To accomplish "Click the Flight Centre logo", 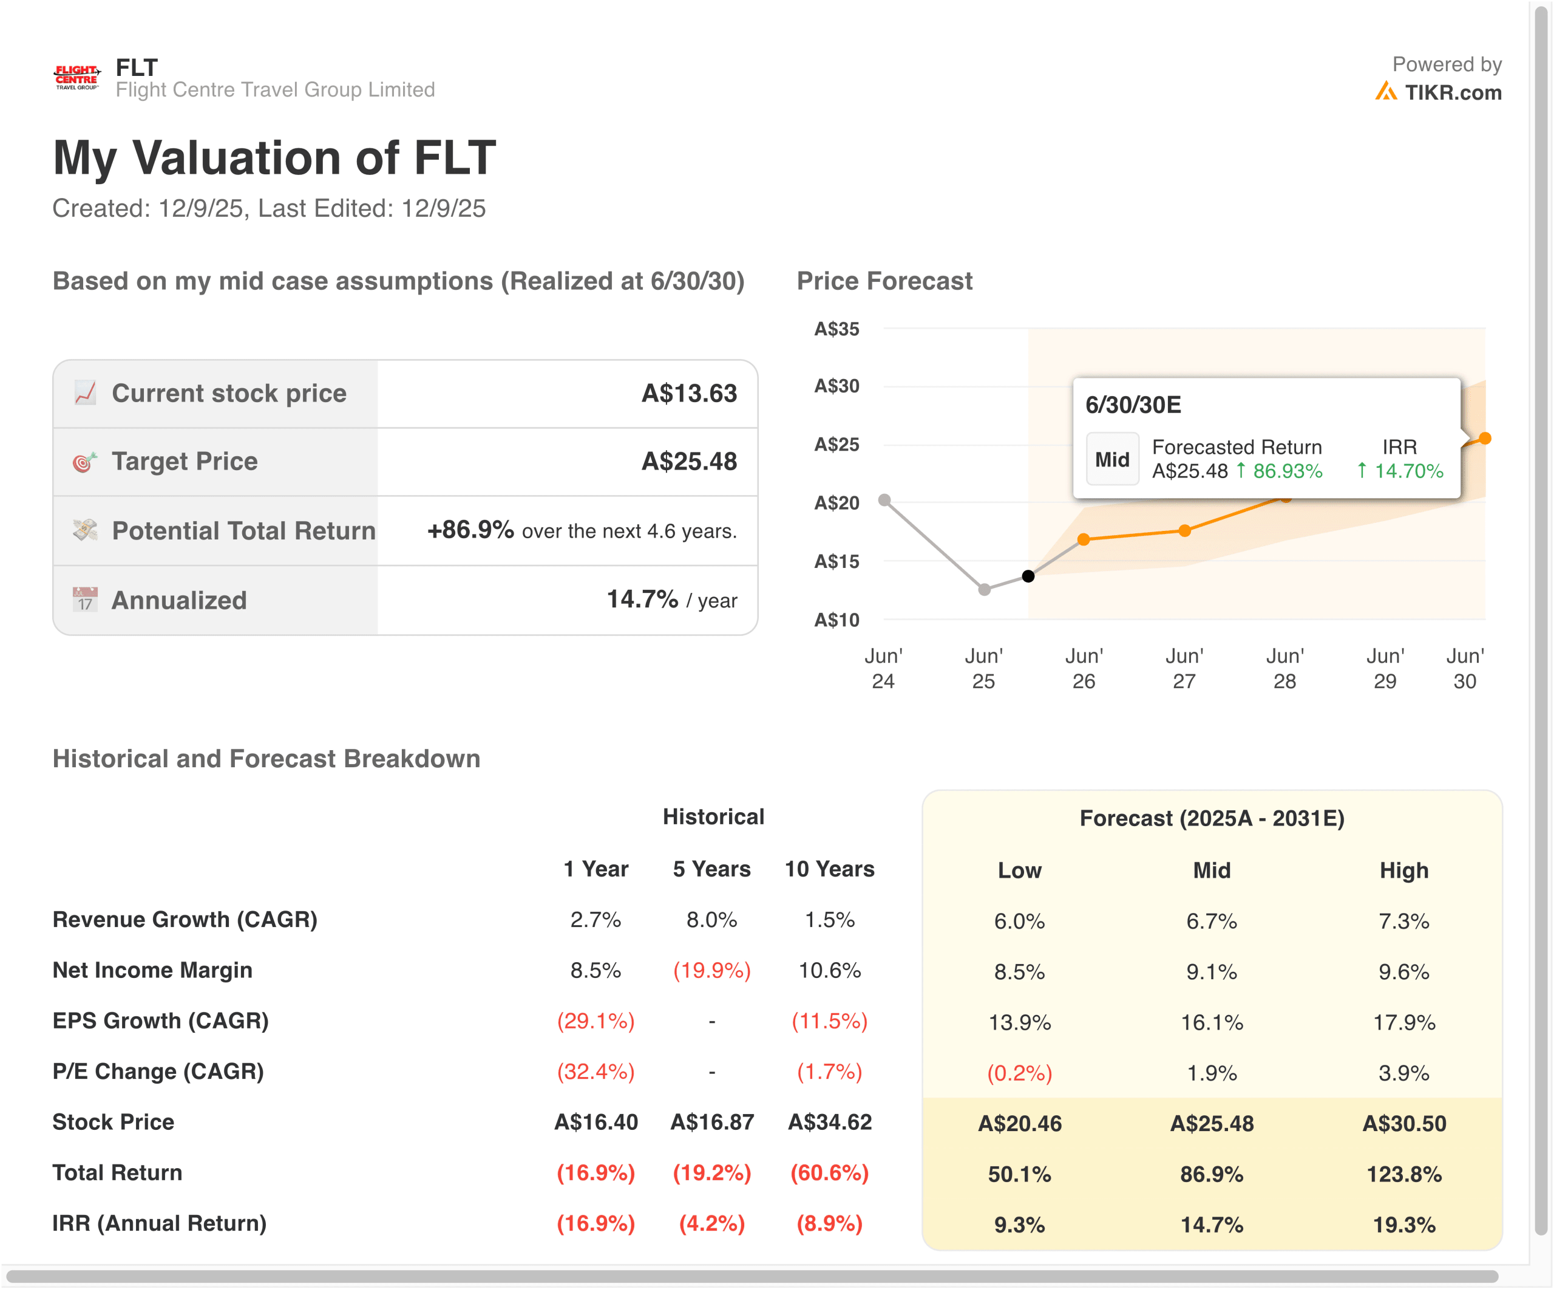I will click(x=76, y=77).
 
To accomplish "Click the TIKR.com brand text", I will click(x=1453, y=92).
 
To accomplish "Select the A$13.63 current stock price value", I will click(x=689, y=393).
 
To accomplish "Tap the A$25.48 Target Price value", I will click(x=689, y=461).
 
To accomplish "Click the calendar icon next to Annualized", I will click(x=85, y=600).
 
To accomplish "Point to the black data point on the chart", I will click(x=1028, y=576).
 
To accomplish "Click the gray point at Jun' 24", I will click(x=884, y=500).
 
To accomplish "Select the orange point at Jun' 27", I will click(x=1185, y=530).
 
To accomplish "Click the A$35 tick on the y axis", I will click(x=837, y=329).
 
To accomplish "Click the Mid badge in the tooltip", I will click(x=1112, y=459).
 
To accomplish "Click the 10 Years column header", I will click(x=830, y=869).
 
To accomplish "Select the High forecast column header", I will click(x=1404, y=870).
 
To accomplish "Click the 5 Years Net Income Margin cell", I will click(x=712, y=970).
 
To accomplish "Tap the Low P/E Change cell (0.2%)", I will click(x=1020, y=1073).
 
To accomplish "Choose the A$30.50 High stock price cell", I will click(x=1404, y=1123).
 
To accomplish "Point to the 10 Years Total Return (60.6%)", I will click(x=830, y=1173).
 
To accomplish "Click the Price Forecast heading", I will click(x=884, y=281).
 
